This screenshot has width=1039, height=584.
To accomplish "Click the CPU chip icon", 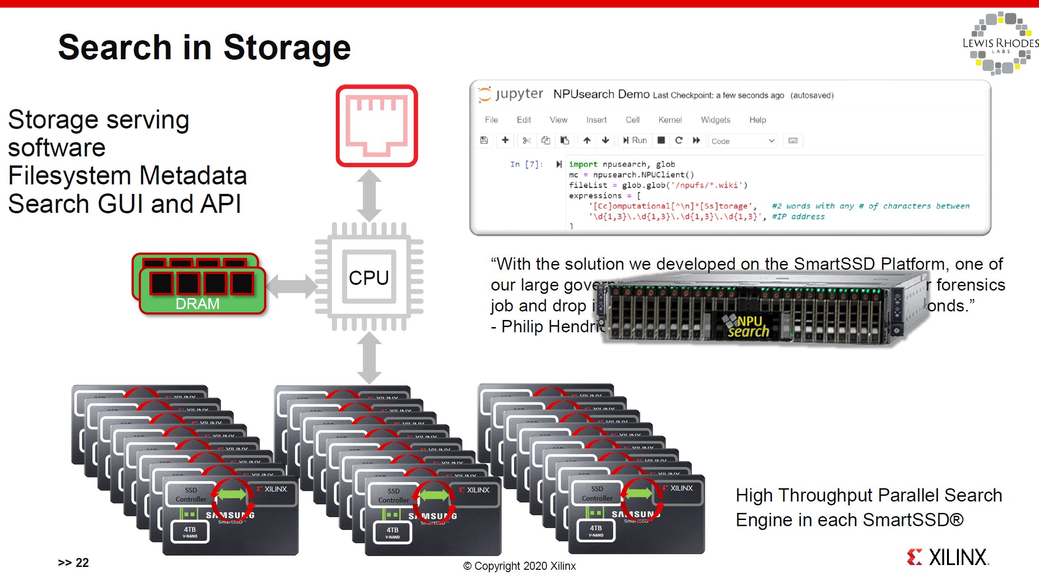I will (369, 277).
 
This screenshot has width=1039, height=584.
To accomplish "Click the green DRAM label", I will (197, 304).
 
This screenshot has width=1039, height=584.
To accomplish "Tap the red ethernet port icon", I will (377, 126).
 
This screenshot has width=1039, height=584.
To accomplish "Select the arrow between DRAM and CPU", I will (291, 286).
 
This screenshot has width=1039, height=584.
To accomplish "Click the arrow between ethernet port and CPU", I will (369, 195).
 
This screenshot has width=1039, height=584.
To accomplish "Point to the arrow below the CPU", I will (369, 357).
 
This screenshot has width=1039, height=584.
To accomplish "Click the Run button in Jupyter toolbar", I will (635, 140).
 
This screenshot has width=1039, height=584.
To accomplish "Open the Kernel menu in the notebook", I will (670, 120).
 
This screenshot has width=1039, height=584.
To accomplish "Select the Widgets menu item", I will (715, 120).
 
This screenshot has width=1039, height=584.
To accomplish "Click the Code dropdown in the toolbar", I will (742, 141).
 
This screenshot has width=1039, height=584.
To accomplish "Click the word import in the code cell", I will (583, 164).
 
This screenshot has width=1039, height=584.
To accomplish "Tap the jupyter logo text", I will (519, 94).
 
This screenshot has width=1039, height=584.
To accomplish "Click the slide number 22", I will (82, 563).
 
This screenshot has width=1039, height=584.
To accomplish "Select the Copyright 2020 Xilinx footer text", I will (519, 566).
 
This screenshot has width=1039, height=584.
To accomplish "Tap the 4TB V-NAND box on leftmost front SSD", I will (190, 532).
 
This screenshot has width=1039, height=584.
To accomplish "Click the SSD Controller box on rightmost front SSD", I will (597, 493).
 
